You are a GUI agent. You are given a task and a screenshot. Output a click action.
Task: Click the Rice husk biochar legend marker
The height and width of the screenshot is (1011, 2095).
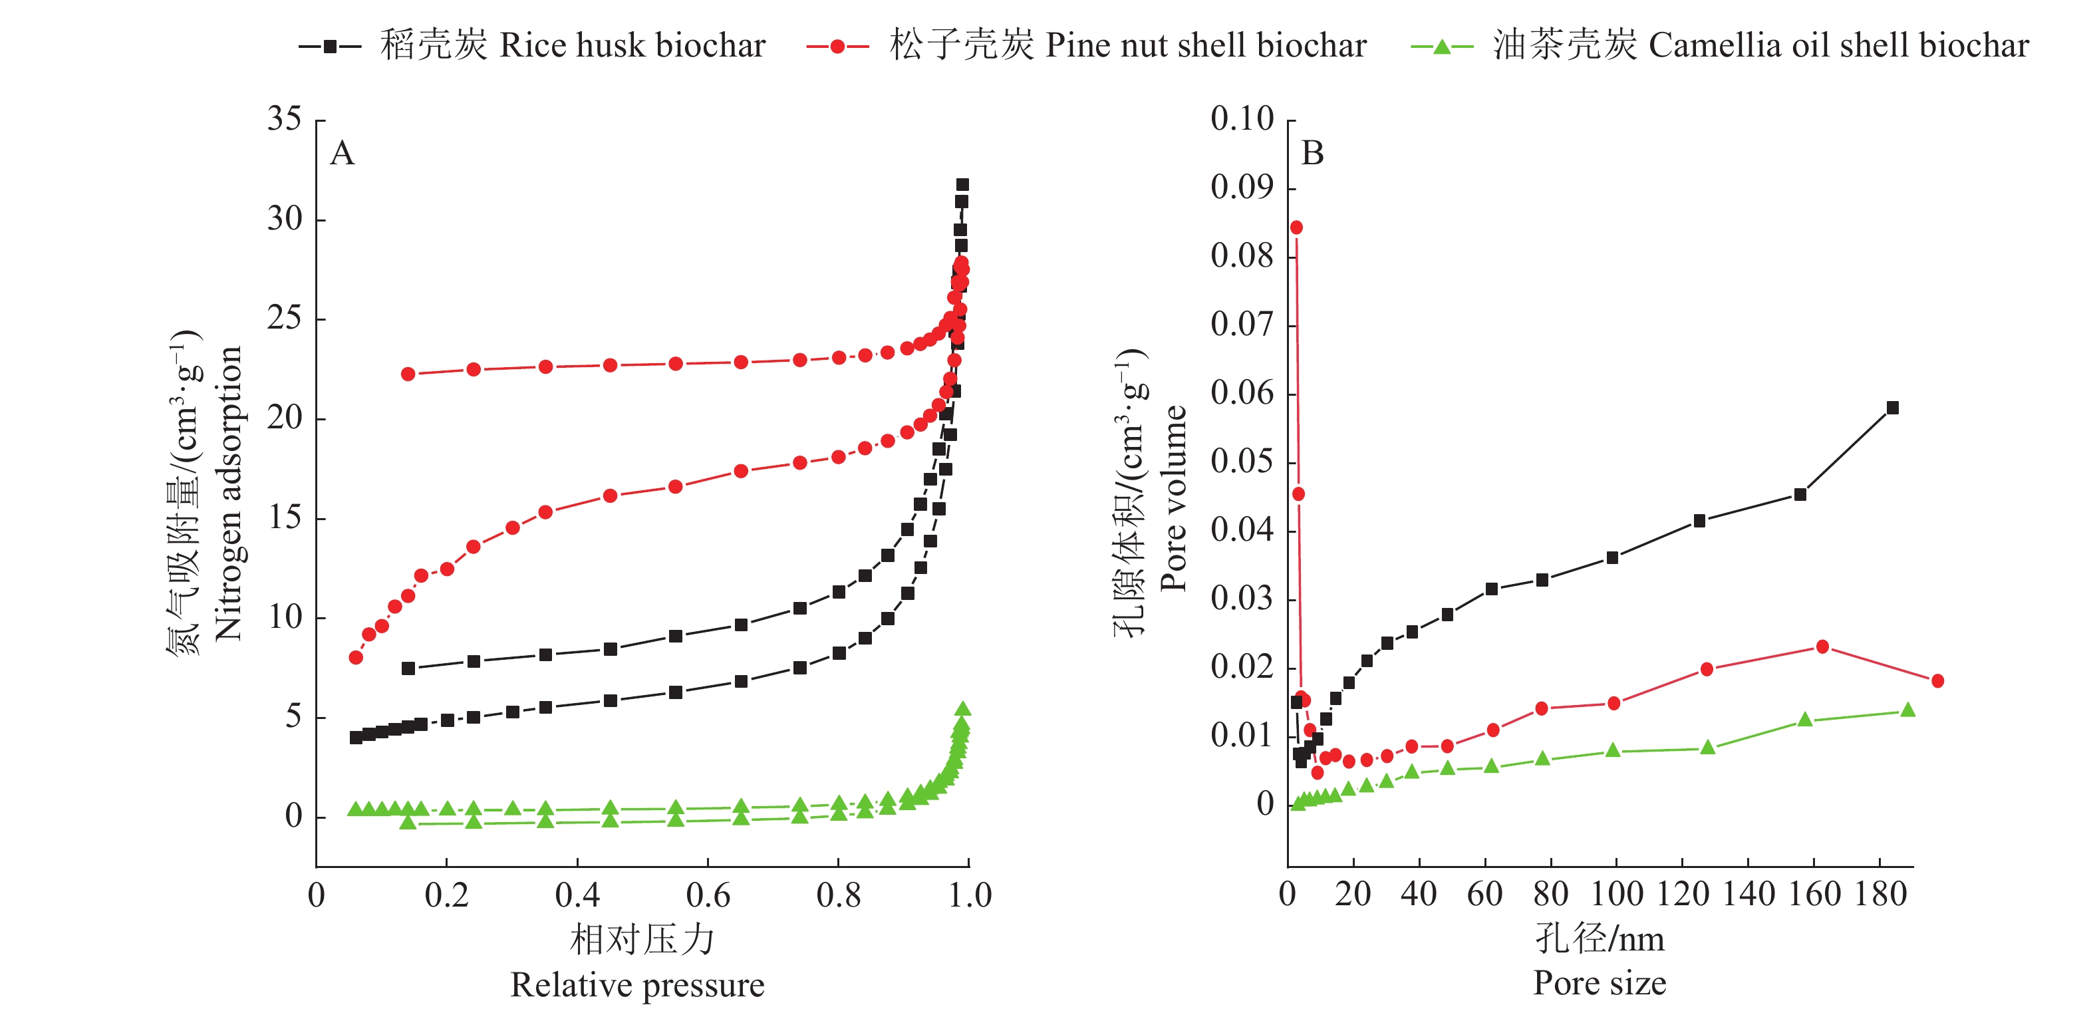pos(330,47)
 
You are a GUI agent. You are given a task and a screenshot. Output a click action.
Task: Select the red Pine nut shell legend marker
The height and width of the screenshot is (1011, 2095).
pos(837,47)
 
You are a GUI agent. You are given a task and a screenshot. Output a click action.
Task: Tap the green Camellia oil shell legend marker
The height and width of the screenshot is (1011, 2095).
pos(1441,47)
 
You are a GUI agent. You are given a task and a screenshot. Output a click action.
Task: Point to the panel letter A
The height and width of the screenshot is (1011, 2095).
pos(343,153)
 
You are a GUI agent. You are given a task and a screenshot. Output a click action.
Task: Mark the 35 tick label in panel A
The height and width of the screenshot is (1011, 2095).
pos(285,119)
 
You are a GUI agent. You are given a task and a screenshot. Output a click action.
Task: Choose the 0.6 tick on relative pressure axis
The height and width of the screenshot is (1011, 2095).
pos(708,895)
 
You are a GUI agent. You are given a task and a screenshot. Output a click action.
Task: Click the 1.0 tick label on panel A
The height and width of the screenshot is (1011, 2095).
pos(970,895)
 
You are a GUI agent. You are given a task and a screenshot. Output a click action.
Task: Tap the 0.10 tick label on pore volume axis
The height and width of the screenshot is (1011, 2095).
pos(1242,119)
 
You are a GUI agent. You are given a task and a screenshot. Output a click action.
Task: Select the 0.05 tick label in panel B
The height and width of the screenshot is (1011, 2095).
pos(1242,461)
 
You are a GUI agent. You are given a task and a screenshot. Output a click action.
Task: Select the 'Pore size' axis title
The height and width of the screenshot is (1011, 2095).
pos(1599,983)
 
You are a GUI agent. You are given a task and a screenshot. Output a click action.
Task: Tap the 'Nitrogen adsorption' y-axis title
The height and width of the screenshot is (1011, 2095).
pos(229,493)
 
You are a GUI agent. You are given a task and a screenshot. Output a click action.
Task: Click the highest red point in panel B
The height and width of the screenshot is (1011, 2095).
pos(1296,227)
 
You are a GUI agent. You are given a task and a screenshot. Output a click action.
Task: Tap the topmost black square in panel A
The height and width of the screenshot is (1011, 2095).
pos(962,185)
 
